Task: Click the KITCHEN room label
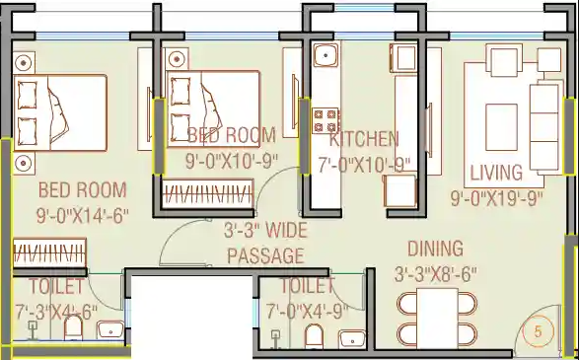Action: tap(364, 139)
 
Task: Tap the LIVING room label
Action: tap(496, 173)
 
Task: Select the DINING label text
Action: tap(436, 249)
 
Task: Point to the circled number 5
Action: tap(538, 331)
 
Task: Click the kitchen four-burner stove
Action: tap(326, 120)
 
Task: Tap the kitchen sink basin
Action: tap(326, 55)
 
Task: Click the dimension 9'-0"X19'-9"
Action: tap(497, 199)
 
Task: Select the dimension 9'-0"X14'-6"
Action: tap(82, 215)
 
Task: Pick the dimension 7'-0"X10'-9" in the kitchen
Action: tap(364, 165)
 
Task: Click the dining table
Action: tap(437, 319)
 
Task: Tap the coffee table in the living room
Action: tap(501, 127)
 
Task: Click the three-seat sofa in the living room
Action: tap(543, 127)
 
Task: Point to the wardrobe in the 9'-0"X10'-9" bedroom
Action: tap(207, 193)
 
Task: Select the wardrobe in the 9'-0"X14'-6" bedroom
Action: tap(49, 252)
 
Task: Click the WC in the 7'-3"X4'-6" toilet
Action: tap(73, 327)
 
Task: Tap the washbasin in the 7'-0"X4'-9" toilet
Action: tap(352, 339)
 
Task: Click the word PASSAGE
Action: tap(265, 255)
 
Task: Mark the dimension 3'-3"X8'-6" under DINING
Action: tap(436, 274)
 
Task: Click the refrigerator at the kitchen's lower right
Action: tap(399, 190)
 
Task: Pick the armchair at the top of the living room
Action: tap(504, 60)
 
